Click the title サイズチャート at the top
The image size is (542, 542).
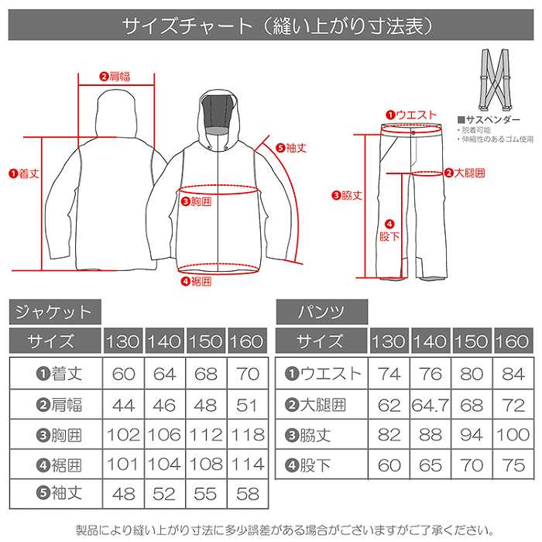point(271,26)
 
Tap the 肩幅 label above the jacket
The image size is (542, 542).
point(115,76)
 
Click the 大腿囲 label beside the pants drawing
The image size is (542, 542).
point(465,172)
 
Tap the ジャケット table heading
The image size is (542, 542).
point(54,313)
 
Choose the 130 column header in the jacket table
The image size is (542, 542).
point(123,341)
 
